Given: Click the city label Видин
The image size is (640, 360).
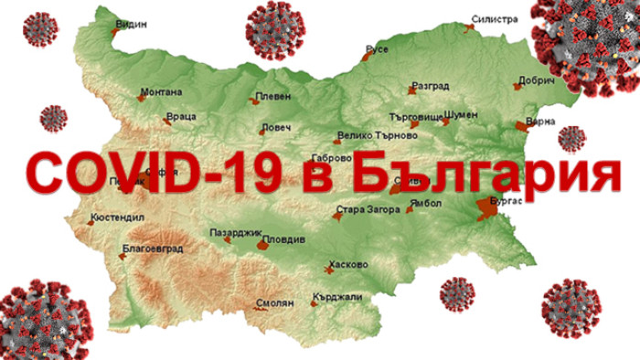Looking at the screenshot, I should (x=133, y=24).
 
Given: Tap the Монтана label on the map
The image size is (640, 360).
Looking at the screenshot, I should (x=162, y=91).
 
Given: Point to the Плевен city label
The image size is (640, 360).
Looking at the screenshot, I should (x=275, y=96).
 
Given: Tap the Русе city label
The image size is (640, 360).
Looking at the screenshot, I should (x=377, y=48).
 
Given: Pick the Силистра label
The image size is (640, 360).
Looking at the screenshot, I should (x=495, y=18).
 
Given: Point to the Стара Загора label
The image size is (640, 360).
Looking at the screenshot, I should (x=368, y=211).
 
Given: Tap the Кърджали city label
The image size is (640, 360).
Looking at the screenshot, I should (x=337, y=296).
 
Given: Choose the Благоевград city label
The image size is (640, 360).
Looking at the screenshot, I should (x=153, y=248).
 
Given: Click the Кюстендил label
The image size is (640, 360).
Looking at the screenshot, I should (x=115, y=219).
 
